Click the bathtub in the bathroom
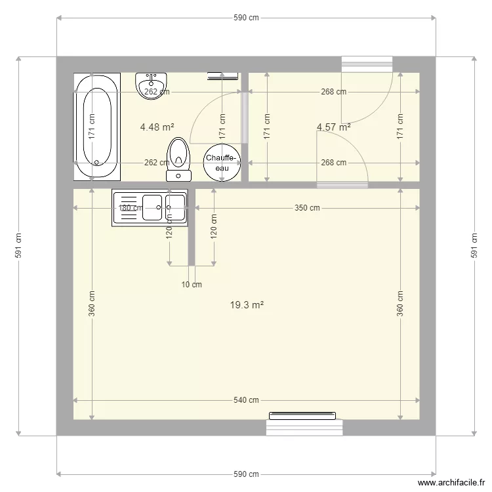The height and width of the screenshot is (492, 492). tap(96, 125)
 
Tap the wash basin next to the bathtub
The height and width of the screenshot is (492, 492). tap(152, 85)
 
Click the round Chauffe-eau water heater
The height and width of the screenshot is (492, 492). tap(222, 163)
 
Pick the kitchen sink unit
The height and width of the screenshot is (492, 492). tap(150, 208)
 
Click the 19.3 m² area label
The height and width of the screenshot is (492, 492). tap(247, 305)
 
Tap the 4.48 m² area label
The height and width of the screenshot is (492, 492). tap(157, 127)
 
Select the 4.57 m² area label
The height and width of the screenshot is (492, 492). tap(333, 127)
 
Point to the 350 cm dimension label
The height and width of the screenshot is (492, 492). tap(307, 209)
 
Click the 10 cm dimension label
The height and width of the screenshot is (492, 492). tap(192, 284)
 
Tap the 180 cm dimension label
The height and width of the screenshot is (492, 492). tap(130, 209)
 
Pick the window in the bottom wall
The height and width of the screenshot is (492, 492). tap(304, 425)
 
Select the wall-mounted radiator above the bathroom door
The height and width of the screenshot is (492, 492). tap(224, 76)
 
